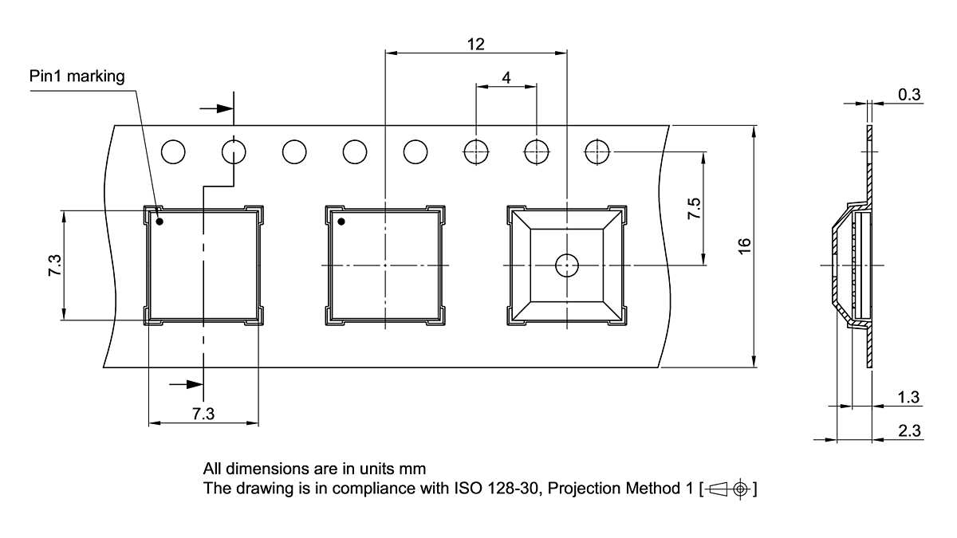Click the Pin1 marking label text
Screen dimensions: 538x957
point(77,77)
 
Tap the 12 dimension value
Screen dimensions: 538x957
point(475,45)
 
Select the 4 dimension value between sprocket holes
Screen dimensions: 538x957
point(506,77)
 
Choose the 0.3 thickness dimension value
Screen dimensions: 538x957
point(909,95)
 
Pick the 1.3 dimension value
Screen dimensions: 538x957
point(909,397)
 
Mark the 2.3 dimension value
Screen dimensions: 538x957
point(909,431)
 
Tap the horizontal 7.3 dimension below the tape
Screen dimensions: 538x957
point(203,414)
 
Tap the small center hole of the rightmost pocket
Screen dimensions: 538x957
point(566,265)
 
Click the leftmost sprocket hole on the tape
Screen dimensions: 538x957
point(173,151)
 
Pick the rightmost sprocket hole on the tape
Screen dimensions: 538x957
point(597,151)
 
